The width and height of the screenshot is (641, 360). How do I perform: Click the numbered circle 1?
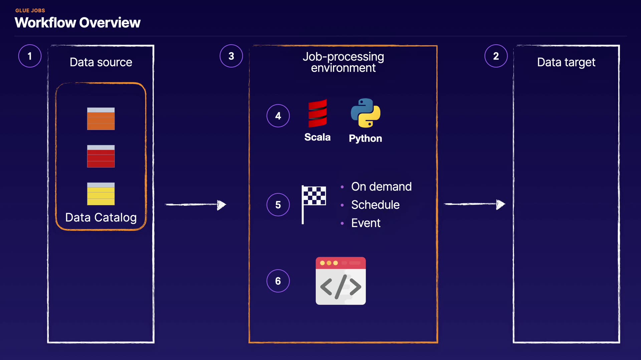click(30, 56)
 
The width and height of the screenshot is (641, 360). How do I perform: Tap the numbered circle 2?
click(496, 56)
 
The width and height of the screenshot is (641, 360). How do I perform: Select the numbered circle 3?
click(231, 56)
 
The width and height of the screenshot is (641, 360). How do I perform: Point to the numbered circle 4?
click(278, 116)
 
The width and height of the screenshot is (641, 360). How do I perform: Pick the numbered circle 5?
click(278, 205)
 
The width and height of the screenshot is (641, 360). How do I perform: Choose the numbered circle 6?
click(278, 281)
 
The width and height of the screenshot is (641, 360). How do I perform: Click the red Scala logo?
click(317, 113)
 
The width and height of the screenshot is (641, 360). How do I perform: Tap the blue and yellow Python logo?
click(366, 113)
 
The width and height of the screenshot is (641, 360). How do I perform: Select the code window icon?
click(341, 281)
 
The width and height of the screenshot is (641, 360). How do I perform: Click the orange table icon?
click(101, 119)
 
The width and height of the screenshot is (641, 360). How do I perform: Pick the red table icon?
click(101, 156)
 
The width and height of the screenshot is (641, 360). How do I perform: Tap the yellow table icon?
click(101, 194)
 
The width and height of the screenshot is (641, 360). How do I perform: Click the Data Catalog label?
click(101, 217)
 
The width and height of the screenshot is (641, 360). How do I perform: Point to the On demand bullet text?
click(381, 187)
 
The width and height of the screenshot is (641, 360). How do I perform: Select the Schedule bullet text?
click(375, 205)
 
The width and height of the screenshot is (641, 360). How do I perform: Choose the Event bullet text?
click(366, 223)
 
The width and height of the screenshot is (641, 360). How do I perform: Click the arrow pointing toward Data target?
click(474, 204)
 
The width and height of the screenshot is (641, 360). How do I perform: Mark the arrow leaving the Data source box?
click(196, 205)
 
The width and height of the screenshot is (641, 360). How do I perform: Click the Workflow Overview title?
click(77, 23)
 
